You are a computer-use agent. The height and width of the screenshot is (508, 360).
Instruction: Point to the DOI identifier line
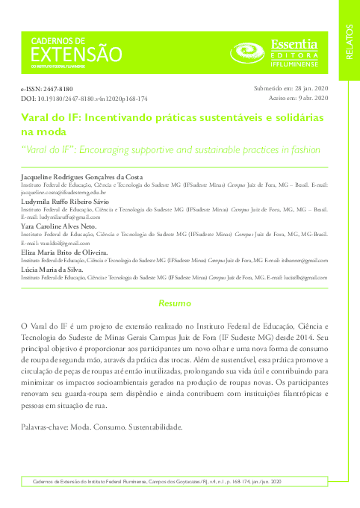coord(83,99)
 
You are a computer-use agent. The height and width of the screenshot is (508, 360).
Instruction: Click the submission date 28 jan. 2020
coord(305,88)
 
